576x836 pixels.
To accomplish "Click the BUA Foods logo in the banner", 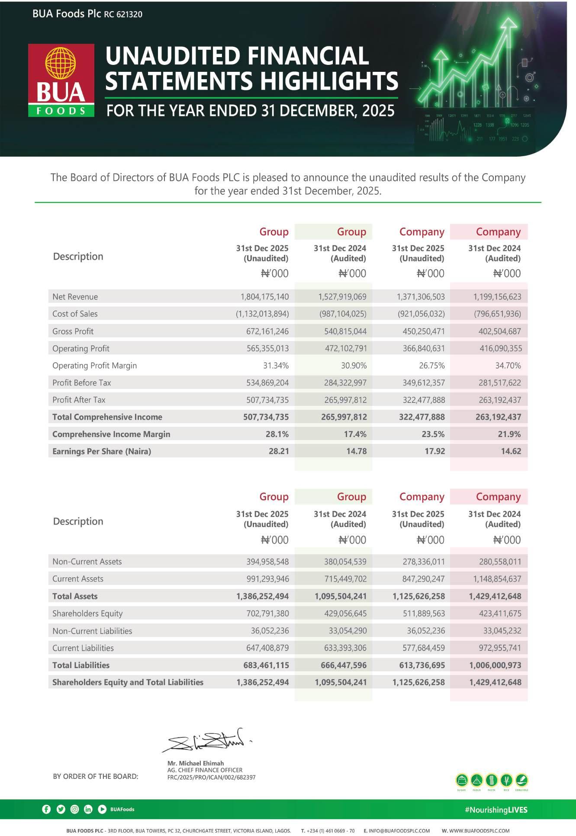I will [61, 80].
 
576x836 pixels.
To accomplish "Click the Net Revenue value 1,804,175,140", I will [264, 297].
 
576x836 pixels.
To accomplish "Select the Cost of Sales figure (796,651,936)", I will [497, 314].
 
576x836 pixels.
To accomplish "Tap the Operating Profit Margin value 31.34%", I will [276, 366].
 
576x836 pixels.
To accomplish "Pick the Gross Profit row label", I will [73, 331].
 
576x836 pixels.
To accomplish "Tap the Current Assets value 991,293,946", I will [267, 579].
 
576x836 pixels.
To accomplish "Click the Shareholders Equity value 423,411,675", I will [500, 614].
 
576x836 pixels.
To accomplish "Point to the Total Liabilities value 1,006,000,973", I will [495, 665].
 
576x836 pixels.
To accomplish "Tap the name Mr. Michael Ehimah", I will [196, 763].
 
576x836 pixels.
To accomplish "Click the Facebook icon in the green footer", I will [46, 809].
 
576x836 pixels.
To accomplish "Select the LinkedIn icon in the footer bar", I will [88, 809].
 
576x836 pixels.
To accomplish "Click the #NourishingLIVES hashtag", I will [496, 810].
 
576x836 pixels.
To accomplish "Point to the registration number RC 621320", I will [123, 14].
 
